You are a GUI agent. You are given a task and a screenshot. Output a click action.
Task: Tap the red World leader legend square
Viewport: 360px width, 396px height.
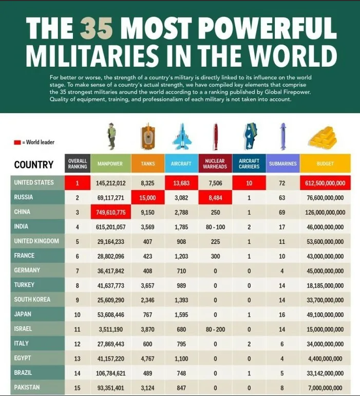17,142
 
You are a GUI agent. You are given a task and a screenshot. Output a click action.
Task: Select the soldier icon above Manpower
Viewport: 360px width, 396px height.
111,136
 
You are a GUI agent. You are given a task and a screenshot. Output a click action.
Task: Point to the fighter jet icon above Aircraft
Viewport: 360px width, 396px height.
181,137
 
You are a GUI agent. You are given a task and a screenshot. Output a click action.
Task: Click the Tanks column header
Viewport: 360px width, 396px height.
148,164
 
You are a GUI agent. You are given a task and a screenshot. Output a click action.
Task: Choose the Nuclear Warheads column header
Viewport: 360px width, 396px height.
215,164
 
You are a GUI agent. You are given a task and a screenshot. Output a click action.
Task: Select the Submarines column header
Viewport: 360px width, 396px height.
282,164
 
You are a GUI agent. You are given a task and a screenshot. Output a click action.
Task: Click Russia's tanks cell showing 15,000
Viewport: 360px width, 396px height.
148,197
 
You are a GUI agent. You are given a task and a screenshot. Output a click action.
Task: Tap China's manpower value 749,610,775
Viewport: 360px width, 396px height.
111,212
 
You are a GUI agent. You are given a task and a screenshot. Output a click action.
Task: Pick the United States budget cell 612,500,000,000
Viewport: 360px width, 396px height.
325,183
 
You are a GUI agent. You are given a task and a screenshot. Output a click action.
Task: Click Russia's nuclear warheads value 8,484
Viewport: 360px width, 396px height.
215,197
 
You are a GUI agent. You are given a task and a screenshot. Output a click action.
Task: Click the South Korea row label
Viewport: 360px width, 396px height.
32,299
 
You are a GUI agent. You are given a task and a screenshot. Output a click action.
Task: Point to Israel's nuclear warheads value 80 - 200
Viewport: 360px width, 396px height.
215,329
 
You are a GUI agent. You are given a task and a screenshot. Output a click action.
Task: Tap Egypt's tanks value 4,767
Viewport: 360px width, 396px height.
148,358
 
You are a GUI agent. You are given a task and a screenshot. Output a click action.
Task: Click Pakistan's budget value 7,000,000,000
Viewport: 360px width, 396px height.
325,387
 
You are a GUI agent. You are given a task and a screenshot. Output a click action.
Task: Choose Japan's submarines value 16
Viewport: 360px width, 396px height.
282,314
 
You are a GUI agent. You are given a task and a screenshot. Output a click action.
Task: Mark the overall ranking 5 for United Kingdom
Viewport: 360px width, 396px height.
78,241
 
